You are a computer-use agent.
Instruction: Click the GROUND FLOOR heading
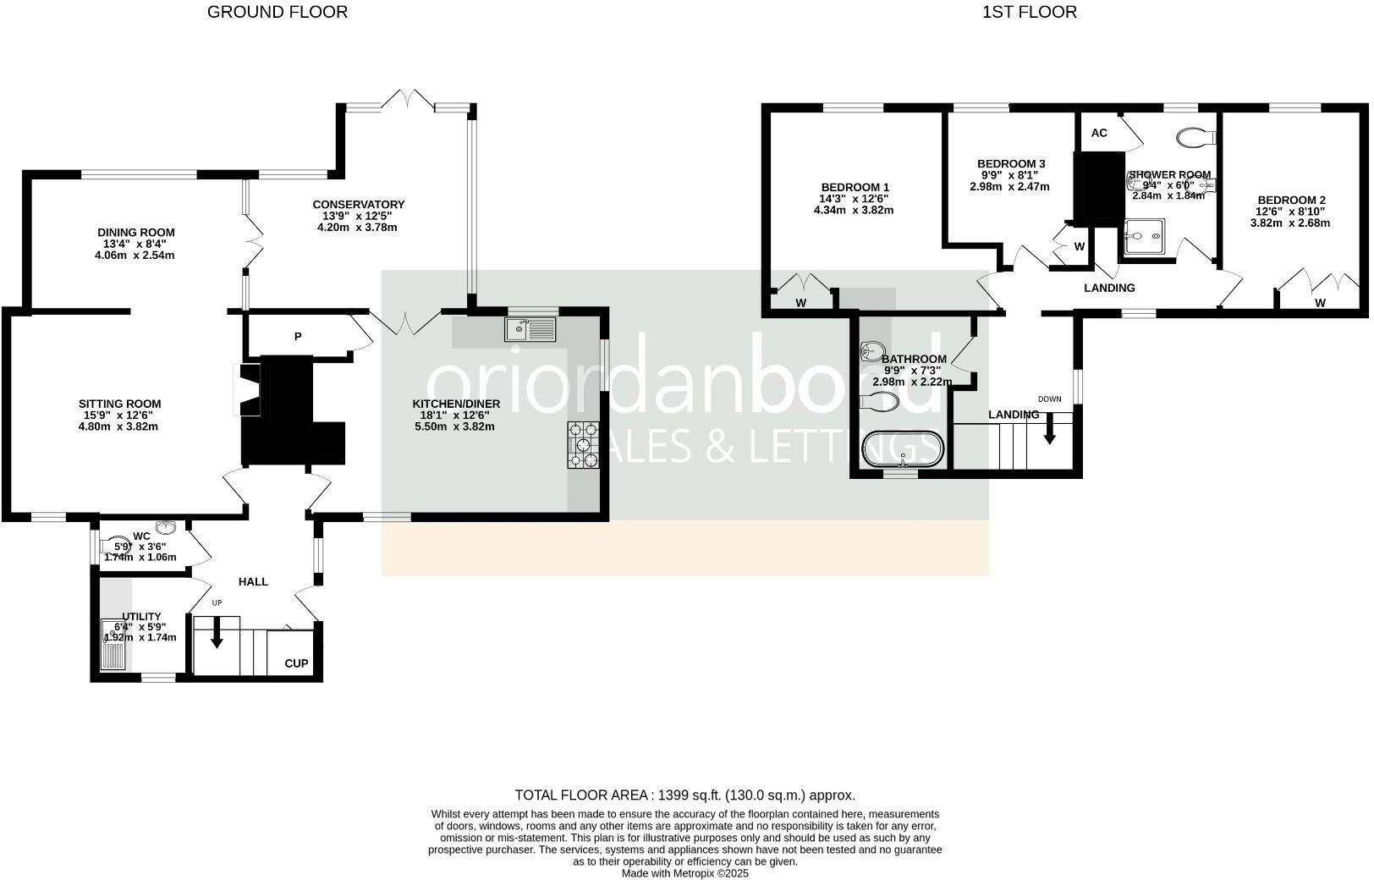[x=278, y=12]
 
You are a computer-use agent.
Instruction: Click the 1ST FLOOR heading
[x=1029, y=12]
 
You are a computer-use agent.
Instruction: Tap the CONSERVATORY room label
[x=358, y=205]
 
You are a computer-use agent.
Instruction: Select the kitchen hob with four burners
[x=583, y=445]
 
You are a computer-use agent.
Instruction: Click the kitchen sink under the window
[x=530, y=329]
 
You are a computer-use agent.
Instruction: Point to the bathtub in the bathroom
[x=903, y=449]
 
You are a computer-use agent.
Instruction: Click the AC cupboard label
[x=1099, y=133]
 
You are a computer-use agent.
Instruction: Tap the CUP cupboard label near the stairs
[x=296, y=663]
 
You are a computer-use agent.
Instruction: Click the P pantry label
[x=298, y=337]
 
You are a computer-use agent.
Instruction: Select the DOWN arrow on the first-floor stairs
[x=1050, y=428]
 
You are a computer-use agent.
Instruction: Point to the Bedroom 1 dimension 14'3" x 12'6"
[x=855, y=199]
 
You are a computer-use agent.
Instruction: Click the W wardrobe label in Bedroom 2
[x=1320, y=303]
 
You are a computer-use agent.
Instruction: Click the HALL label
[x=253, y=581]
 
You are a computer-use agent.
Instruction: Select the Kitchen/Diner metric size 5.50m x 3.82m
[x=454, y=426]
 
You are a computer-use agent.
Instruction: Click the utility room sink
[x=113, y=646]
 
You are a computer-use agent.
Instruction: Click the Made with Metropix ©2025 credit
[x=685, y=873]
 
